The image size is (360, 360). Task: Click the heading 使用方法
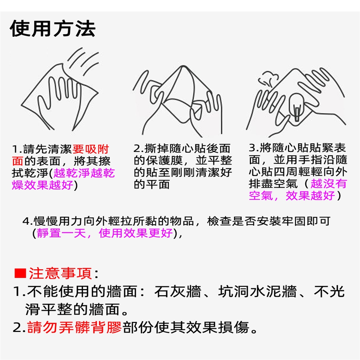pos(52,29)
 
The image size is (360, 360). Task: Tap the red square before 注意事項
pos(20,273)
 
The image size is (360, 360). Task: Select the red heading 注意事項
pos(60,273)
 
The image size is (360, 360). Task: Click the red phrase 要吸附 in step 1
pos(90,149)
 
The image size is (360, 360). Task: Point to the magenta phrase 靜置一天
pos(61,233)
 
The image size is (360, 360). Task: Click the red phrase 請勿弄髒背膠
pos(74,327)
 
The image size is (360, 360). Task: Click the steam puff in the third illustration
pos(268,79)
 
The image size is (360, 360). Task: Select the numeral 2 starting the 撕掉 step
pos(137,148)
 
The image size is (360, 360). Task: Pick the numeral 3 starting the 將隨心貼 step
pos(252,148)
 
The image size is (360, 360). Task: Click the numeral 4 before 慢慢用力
pos(26,221)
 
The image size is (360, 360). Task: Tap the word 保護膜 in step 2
pos(164,160)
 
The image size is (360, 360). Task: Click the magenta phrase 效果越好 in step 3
pos(310,196)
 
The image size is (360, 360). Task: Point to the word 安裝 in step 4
pos(269,221)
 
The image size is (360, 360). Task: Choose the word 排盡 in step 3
pos(261,183)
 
